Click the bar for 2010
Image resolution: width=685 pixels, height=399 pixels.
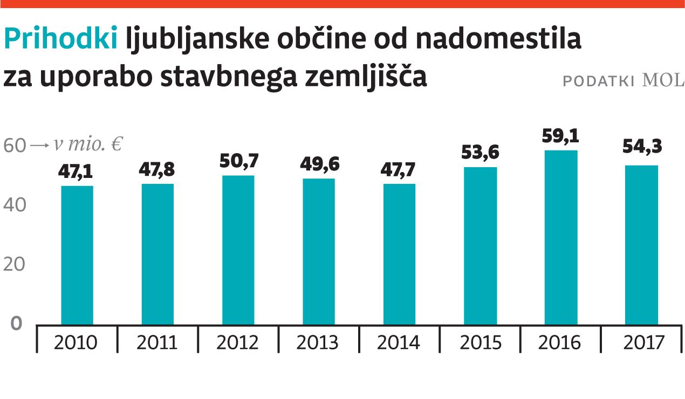pyautogui.click(x=77, y=255)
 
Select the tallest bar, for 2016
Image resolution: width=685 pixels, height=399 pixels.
pyautogui.click(x=561, y=237)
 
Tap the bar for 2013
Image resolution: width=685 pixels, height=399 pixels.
pyautogui.click(x=319, y=251)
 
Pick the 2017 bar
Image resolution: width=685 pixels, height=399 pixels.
pyautogui.click(x=642, y=245)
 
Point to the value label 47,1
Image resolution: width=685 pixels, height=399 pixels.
pyautogui.click(x=77, y=173)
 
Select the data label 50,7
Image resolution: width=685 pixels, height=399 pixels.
pyautogui.click(x=238, y=161)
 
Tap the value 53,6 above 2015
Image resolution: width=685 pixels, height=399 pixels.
pyautogui.click(x=480, y=153)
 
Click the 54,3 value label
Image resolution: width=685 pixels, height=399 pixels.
pyautogui.click(x=642, y=146)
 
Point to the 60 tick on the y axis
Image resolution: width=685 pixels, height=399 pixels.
pyautogui.click(x=15, y=146)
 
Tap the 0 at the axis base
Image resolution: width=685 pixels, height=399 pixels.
pyautogui.click(x=17, y=323)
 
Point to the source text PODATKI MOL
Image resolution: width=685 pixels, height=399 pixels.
pyautogui.click(x=623, y=81)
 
